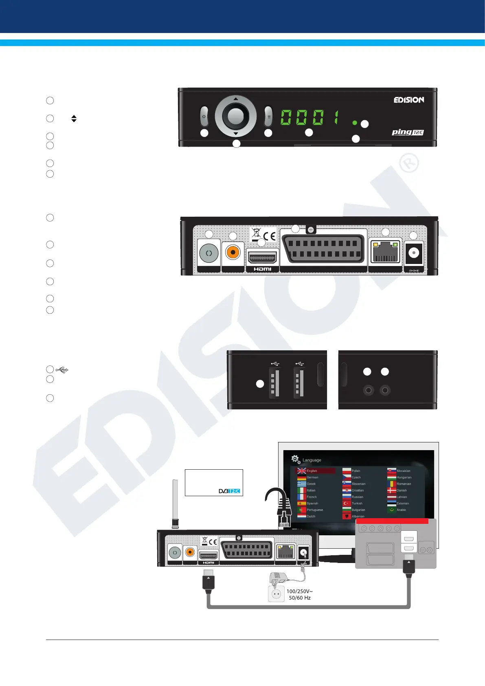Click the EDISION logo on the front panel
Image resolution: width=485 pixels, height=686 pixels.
(409, 100)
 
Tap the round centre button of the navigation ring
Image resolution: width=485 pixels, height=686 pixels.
(235, 117)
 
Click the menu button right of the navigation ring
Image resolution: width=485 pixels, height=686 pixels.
(268, 117)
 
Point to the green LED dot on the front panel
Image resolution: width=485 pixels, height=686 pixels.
(355, 123)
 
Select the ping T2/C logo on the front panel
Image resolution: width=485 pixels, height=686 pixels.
(408, 132)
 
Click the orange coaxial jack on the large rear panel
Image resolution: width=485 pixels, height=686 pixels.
(233, 253)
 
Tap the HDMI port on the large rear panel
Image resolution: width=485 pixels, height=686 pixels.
(263, 258)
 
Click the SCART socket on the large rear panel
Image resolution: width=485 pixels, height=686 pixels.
(323, 250)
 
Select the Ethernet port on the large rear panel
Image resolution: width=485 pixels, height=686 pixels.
(385, 253)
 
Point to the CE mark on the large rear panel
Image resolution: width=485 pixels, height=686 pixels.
(270, 235)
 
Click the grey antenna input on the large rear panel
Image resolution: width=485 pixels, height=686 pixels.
(209, 253)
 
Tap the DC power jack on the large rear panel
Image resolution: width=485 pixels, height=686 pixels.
(414, 253)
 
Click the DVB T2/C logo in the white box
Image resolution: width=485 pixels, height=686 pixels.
(229, 491)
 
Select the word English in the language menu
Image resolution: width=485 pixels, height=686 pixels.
(312, 471)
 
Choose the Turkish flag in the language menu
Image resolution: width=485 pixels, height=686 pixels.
(347, 504)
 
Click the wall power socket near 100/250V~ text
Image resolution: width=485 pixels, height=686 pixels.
(277, 594)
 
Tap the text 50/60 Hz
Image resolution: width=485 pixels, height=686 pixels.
(300, 598)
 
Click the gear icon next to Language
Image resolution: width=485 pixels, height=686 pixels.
(295, 459)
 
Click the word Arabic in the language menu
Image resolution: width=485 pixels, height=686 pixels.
(402, 510)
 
